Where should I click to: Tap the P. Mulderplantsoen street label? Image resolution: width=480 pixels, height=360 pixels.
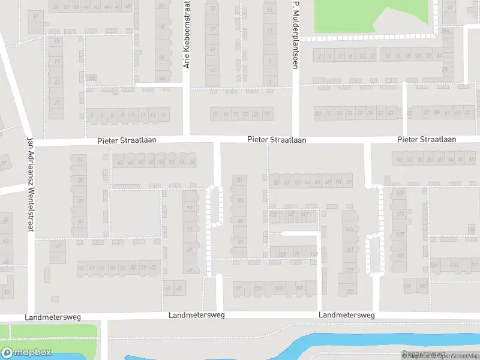click(295, 34)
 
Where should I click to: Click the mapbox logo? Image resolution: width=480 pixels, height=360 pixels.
click(26, 353)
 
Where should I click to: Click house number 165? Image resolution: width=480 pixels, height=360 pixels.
click(349, 229)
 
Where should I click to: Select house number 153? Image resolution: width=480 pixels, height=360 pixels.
click(349, 292)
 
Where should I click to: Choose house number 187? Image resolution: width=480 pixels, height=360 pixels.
click(422, 286)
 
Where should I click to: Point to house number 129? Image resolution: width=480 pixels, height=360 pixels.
click(283, 254)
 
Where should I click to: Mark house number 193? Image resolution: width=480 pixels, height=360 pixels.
click(455, 265)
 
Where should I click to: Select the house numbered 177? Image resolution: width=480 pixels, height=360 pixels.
click(400, 235)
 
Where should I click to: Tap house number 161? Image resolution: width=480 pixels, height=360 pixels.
click(349, 250)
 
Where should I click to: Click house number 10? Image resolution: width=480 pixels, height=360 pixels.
click(362, 56)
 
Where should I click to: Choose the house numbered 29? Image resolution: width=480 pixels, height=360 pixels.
click(319, 113)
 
